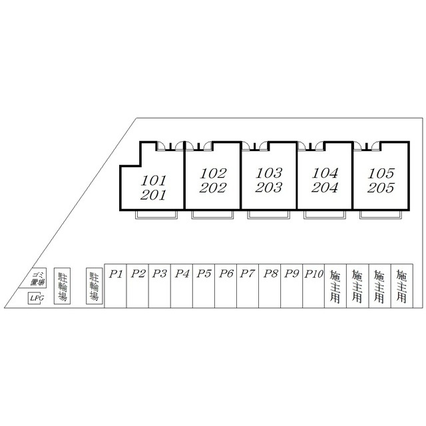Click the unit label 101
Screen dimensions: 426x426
(154, 180)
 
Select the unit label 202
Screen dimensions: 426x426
(213, 188)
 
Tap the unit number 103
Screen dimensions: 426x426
(269, 172)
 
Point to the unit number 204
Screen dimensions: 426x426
(325, 188)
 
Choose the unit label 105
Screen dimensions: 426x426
(381, 172)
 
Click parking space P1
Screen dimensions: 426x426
(116, 273)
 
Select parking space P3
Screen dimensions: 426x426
(159, 273)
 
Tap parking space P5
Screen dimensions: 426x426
(204, 273)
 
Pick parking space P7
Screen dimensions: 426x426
(248, 273)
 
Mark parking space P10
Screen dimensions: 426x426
(313, 273)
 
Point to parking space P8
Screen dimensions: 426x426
(270, 273)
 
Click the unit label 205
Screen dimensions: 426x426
(381, 188)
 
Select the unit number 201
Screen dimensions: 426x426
(154, 195)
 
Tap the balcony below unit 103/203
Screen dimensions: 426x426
(269, 215)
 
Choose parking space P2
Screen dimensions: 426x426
(138, 273)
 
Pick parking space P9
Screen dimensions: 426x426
(291, 273)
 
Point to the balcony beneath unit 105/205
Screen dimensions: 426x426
(381, 215)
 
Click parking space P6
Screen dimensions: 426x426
(226, 273)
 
